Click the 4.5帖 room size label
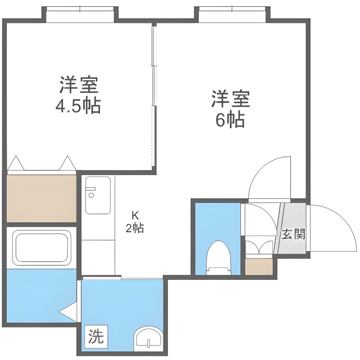(x=78, y=106)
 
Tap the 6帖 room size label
(x=230, y=120)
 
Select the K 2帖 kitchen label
(x=135, y=222)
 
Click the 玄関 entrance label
(x=293, y=234)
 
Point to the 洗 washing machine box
(x=96, y=336)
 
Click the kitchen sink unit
(x=98, y=195)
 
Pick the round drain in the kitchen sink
(x=92, y=195)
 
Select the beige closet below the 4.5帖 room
(x=41, y=198)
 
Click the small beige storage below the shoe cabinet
(x=259, y=266)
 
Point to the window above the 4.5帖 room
(x=80, y=15)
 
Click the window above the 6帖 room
(x=232, y=15)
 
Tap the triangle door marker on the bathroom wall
(x=68, y=312)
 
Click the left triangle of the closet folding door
(x=16, y=163)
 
